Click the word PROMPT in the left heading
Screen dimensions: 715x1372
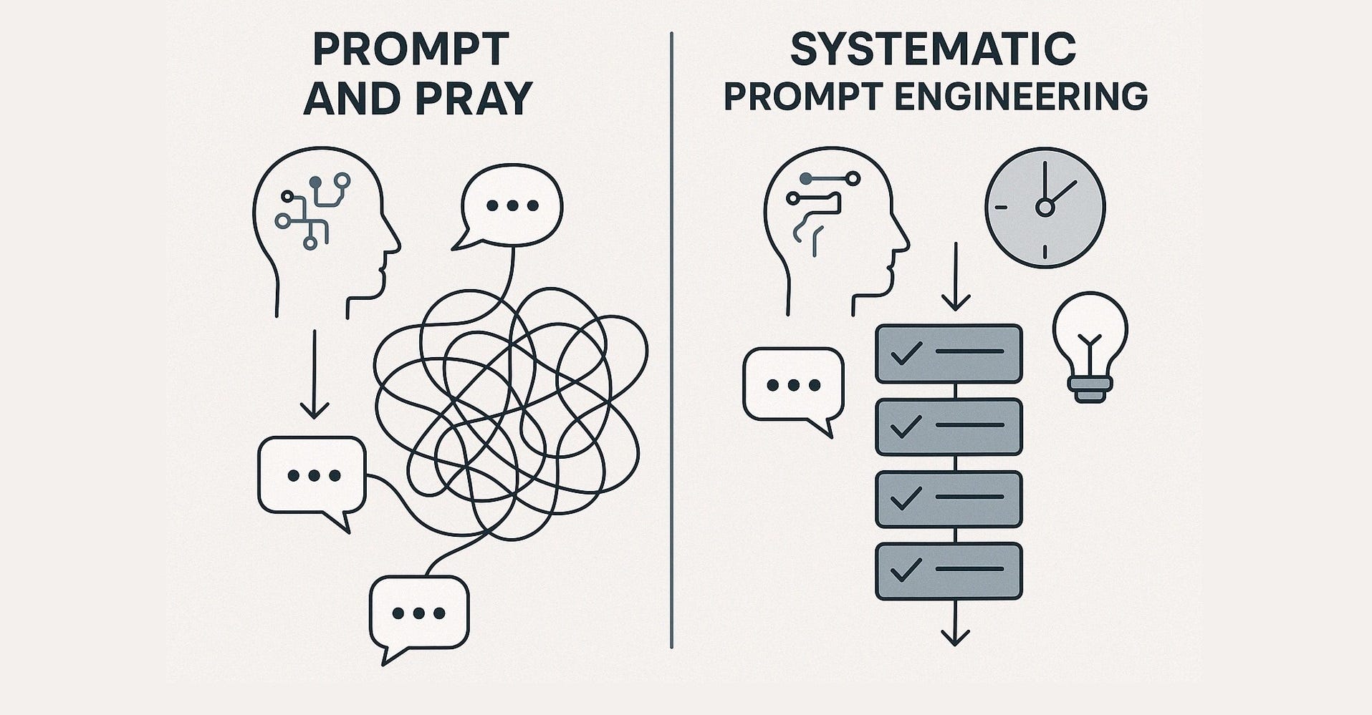click(411, 49)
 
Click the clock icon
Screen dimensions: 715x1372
click(1045, 207)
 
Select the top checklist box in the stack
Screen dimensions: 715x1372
click(949, 353)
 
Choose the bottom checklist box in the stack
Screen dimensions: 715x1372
click(949, 571)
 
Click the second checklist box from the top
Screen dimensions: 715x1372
click(949, 427)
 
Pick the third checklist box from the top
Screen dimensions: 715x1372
click(949, 499)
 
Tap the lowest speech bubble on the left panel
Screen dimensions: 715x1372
click(419, 614)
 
